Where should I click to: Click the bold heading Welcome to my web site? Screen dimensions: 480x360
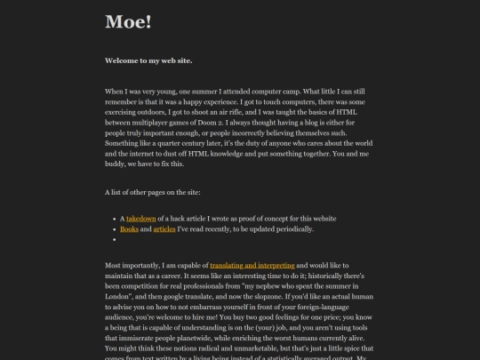tap(148, 61)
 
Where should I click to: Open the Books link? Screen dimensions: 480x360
tap(129, 228)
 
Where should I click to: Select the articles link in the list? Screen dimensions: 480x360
tap(164, 228)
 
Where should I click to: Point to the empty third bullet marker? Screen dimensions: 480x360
tap(115, 239)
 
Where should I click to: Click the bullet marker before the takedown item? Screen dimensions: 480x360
tap(115, 218)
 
